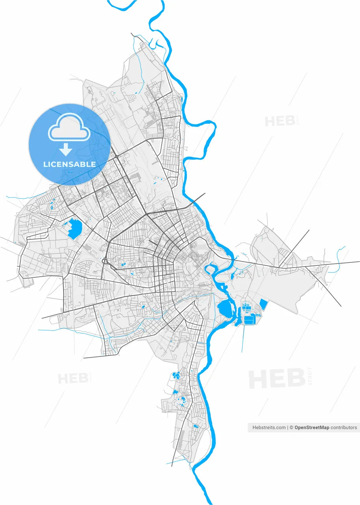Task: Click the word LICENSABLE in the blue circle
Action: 69,164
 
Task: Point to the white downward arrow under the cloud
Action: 66,149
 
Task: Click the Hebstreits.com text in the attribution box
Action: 269,427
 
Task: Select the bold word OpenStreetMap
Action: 312,427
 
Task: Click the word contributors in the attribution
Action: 344,427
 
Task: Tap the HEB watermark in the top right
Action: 280,121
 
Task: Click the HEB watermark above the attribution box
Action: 276,379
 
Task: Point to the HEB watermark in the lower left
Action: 73,379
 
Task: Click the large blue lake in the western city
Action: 75,229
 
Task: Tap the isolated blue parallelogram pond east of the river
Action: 263,304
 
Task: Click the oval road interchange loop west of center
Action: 105,261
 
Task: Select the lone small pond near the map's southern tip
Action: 195,426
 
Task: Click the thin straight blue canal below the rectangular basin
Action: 242,339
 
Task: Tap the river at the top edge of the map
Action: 161,4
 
